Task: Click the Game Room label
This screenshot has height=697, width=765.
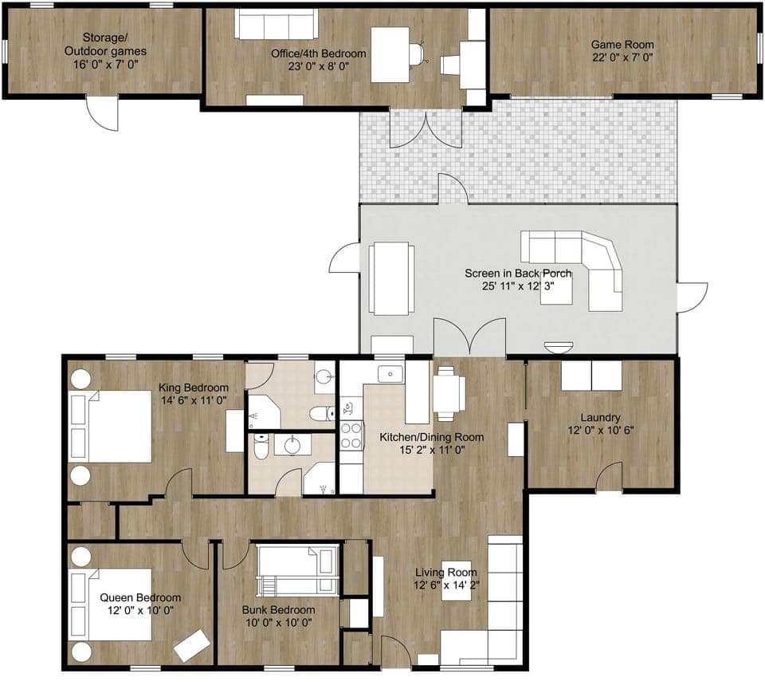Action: [622, 45]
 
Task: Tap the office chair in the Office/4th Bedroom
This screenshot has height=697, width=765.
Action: [415, 54]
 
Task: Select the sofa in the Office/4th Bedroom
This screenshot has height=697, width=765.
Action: [276, 24]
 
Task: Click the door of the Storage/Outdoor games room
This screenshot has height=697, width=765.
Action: [104, 113]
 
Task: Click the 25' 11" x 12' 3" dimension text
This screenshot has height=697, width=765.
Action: [518, 286]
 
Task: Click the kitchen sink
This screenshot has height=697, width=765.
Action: [390, 372]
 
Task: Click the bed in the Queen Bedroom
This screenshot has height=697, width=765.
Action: [112, 604]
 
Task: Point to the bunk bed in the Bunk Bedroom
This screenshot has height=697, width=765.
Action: [295, 569]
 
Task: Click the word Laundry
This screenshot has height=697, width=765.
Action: [601, 417]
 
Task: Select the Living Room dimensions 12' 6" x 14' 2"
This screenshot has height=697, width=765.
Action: [446, 584]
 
